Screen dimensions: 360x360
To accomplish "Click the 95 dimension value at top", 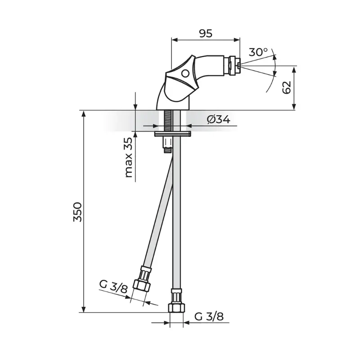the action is click(206, 33).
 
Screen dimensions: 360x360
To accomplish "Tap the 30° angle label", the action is click(258, 52).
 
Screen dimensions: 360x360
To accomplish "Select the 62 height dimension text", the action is click(287, 87).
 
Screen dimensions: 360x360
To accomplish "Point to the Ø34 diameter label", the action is click(218, 119).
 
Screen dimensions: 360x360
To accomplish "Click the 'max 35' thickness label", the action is click(129, 157).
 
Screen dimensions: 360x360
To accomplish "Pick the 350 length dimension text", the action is click(77, 211).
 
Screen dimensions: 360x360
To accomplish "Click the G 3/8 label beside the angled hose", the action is click(113, 286).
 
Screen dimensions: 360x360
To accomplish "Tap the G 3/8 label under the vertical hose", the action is click(209, 316).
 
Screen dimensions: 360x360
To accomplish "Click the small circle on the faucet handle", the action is click(185, 73).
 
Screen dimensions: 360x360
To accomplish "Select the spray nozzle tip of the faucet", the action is click(239, 66).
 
